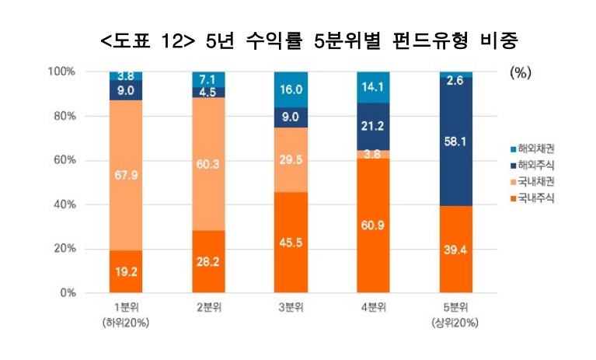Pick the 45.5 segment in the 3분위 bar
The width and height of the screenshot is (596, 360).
(x=291, y=242)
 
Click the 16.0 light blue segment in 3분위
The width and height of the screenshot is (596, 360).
(x=291, y=90)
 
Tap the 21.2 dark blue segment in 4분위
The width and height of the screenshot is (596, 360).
(x=371, y=126)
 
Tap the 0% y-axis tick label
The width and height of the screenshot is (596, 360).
(x=67, y=293)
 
